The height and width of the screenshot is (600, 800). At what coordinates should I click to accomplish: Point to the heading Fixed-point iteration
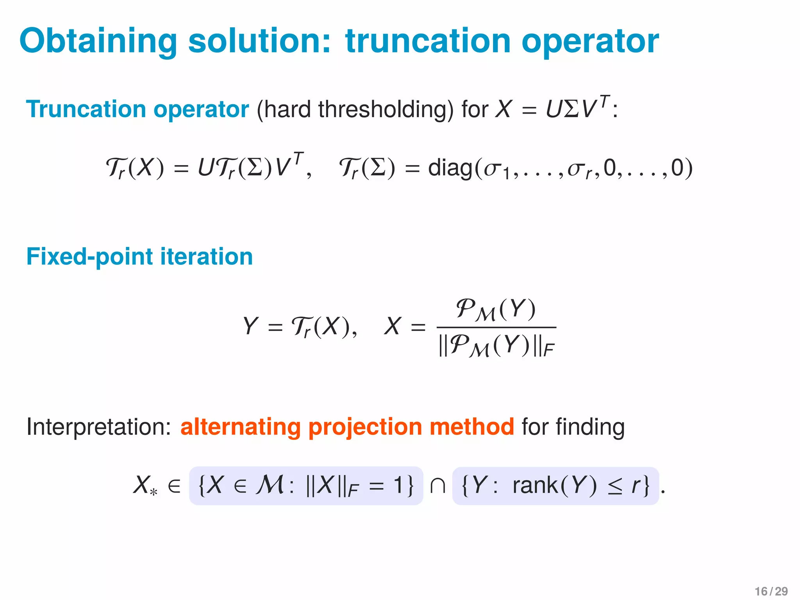[x=139, y=257]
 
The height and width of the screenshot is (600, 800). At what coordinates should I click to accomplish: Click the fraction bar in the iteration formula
[x=496, y=327]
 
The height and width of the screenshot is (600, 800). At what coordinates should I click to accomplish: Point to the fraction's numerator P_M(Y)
[x=496, y=309]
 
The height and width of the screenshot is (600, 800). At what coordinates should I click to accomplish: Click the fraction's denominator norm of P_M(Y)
[x=496, y=346]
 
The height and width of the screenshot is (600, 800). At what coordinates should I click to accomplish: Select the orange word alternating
[x=240, y=427]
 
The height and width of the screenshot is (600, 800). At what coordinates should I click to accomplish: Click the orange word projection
[x=365, y=427]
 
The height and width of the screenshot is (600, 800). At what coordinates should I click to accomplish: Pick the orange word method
[x=472, y=427]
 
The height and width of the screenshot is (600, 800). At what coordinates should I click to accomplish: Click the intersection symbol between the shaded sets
[x=437, y=486]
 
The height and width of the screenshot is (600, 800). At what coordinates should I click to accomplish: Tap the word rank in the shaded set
[x=535, y=486]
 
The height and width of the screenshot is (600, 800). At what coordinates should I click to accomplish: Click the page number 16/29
[x=771, y=591]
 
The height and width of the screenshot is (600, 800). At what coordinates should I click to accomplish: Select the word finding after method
[x=590, y=427]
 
